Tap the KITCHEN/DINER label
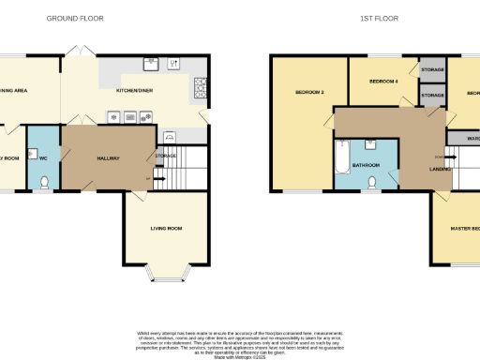(x=135, y=91)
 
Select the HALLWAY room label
(x=110, y=158)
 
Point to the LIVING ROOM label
(x=165, y=228)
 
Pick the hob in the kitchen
(x=200, y=88)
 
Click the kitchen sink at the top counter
(x=149, y=64)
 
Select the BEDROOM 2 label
(x=309, y=92)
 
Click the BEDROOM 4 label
(x=383, y=82)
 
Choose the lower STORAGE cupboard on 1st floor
(x=432, y=95)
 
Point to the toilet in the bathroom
(x=372, y=183)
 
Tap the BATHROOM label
(x=366, y=166)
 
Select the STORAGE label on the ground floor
(x=166, y=155)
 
